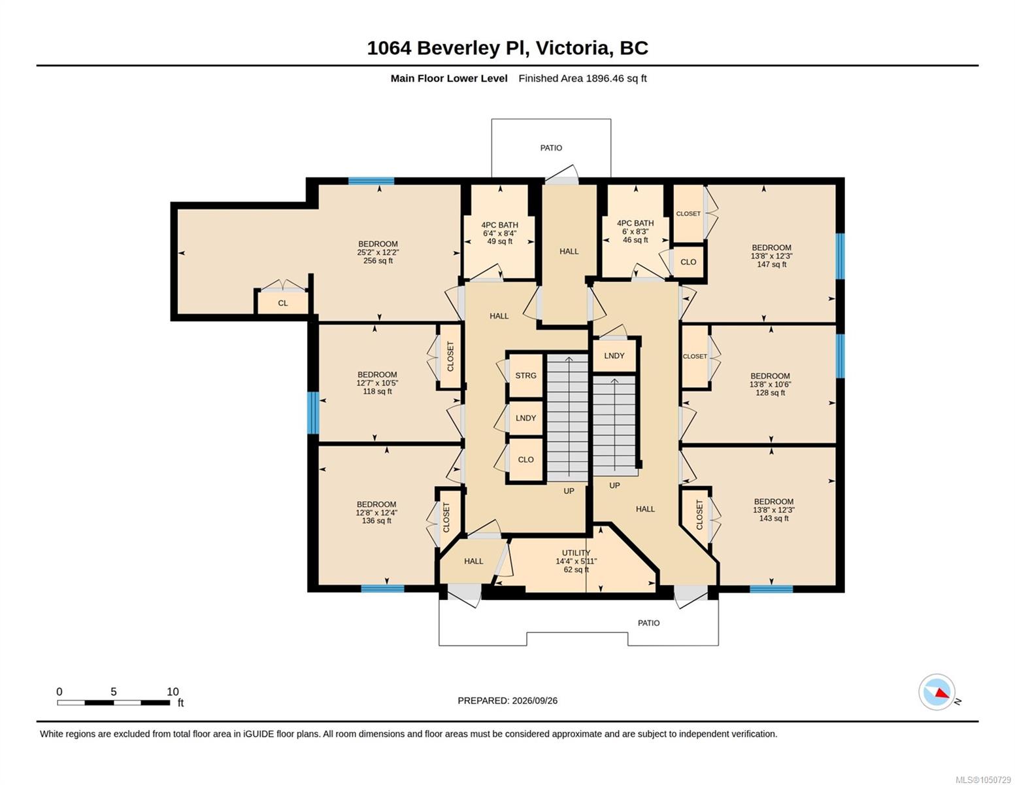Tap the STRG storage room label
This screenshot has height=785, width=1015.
pyautogui.click(x=525, y=375)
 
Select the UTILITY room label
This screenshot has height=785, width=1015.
pyautogui.click(x=576, y=553)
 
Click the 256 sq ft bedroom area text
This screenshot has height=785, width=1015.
pyautogui.click(x=378, y=260)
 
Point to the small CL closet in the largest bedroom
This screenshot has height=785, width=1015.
pyautogui.click(x=282, y=303)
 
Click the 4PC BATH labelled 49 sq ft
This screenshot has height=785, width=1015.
pyautogui.click(x=499, y=233)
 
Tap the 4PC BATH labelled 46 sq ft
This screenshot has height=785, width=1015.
pyautogui.click(x=635, y=232)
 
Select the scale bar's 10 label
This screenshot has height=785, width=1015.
pyautogui.click(x=173, y=691)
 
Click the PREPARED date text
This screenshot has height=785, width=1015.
pyautogui.click(x=507, y=701)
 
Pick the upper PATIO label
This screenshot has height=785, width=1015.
pyautogui.click(x=551, y=148)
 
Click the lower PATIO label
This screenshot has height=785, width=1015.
pyautogui.click(x=649, y=623)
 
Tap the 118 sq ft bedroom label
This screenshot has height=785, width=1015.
pyautogui.click(x=377, y=383)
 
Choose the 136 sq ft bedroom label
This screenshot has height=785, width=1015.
pyautogui.click(x=376, y=512)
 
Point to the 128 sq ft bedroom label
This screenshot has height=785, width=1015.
pyautogui.click(x=771, y=384)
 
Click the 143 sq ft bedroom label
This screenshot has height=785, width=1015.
pyautogui.click(x=774, y=510)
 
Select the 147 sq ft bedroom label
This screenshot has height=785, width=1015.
pyautogui.click(x=772, y=256)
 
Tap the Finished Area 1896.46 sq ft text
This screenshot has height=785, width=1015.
pyautogui.click(x=582, y=78)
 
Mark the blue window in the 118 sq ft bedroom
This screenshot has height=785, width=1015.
pyautogui.click(x=313, y=413)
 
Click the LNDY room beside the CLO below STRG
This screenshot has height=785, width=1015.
pyautogui.click(x=525, y=418)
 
